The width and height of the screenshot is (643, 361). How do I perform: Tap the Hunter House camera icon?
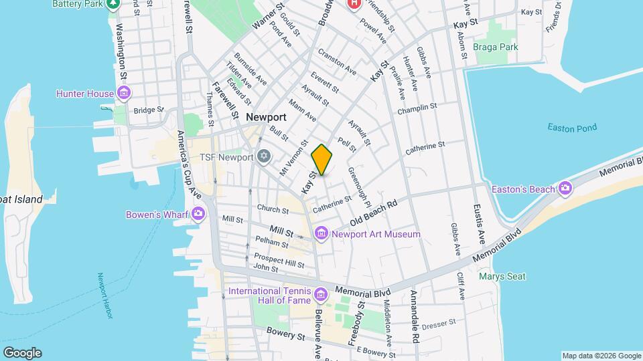[x=123, y=94]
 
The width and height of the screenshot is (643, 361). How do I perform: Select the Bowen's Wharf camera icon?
[x=198, y=214]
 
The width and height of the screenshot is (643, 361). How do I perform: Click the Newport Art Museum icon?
[x=321, y=234]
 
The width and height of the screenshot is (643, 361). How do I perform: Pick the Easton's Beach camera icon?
[x=566, y=189]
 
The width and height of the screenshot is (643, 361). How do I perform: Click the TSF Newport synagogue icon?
[x=264, y=157]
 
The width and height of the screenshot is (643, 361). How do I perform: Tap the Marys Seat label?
[x=502, y=276]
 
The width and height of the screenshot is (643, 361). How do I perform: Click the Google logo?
[x=22, y=352]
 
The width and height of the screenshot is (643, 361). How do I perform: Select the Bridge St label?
[x=149, y=110]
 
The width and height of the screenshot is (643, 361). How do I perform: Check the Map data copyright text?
[x=600, y=356]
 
